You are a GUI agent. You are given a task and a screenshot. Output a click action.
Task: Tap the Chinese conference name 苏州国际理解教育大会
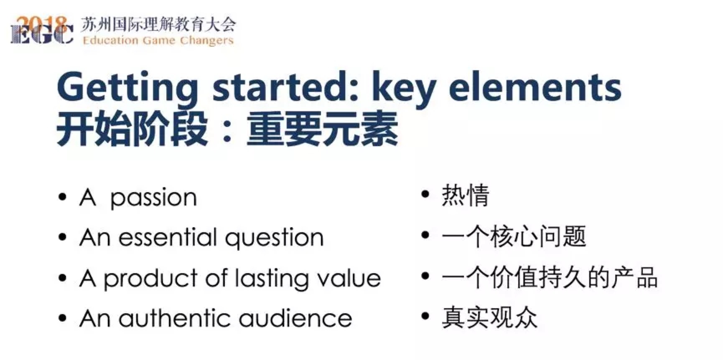[158, 25]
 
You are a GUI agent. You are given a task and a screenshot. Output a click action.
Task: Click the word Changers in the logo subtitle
[207, 41]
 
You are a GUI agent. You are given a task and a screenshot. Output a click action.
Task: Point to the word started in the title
[285, 87]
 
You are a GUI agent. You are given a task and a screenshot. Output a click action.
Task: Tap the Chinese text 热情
[466, 195]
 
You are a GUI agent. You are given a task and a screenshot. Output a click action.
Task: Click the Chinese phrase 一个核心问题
[514, 236]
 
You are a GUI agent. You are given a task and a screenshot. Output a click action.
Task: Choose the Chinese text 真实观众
[489, 317]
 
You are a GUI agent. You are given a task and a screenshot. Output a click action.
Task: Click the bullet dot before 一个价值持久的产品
[425, 276]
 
